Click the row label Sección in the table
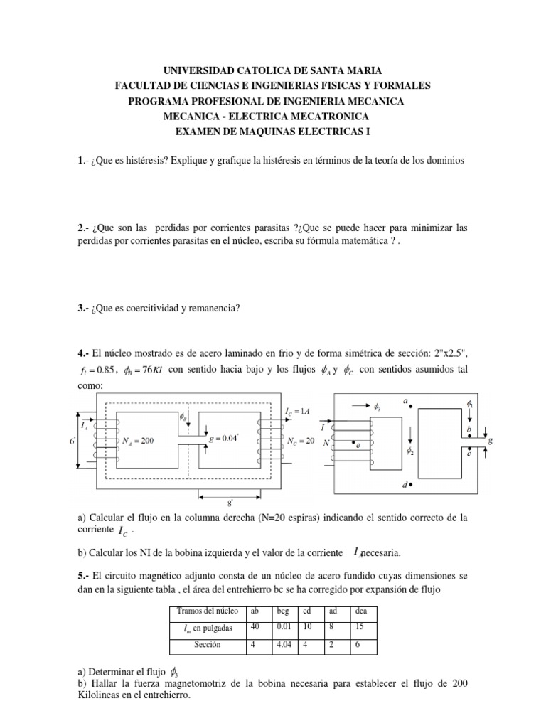205,645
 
